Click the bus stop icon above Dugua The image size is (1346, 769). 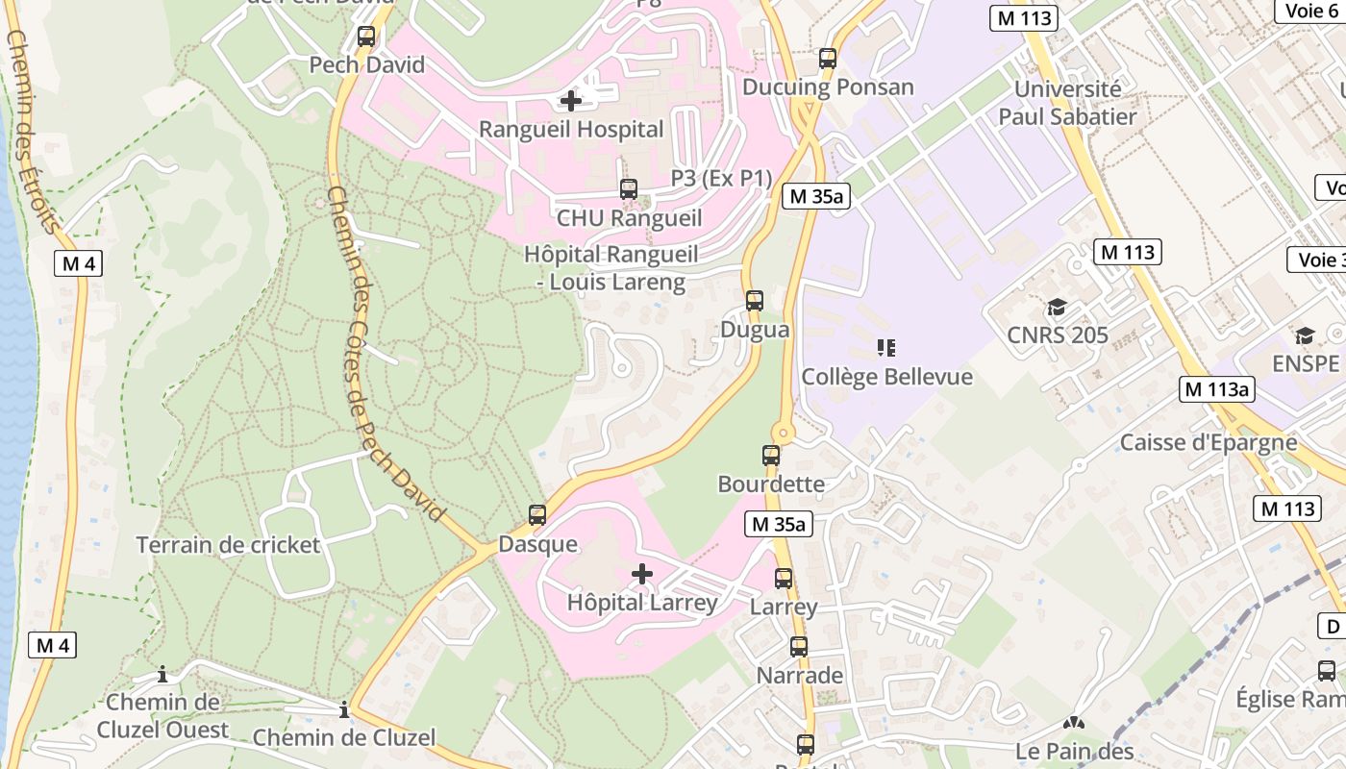click(755, 301)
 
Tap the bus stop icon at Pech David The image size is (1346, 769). click(366, 37)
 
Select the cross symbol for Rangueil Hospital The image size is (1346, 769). click(571, 100)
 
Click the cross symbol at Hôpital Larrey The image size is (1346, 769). click(642, 575)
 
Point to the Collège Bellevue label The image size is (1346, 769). click(886, 377)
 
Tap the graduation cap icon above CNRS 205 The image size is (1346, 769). click(1057, 308)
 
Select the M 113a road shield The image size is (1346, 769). click(1217, 389)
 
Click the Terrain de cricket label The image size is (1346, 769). click(228, 545)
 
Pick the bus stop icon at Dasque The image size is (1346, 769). click(537, 515)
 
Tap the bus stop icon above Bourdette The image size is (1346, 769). click(771, 456)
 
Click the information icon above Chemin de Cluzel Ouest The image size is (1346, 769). click(162, 674)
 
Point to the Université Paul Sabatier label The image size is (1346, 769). click(1067, 103)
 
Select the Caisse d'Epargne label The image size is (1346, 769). click(1209, 443)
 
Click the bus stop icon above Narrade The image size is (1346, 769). click(799, 647)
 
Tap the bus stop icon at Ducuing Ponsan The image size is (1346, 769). click(828, 59)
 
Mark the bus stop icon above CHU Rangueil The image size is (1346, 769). click(629, 189)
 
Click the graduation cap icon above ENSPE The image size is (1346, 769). click(1305, 335)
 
